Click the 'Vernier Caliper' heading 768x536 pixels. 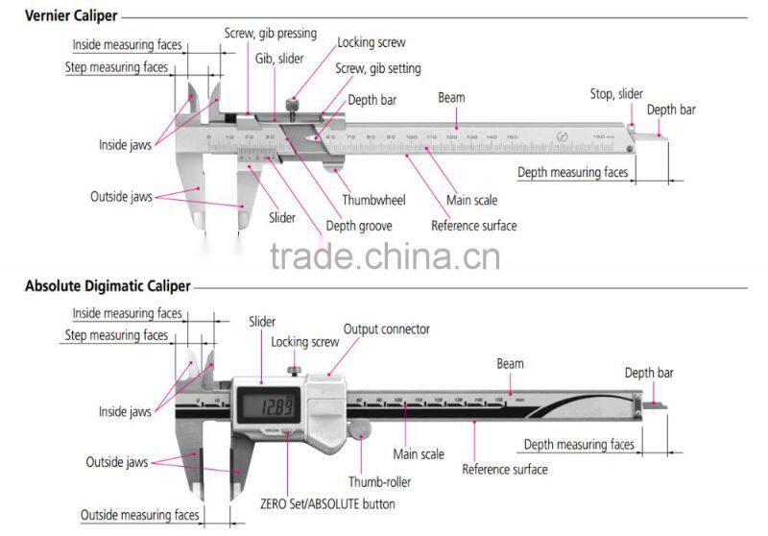pyautogui.click(x=72, y=16)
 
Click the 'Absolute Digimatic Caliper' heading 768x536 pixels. pyautogui.click(x=107, y=286)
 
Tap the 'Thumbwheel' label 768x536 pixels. pyautogui.click(x=373, y=200)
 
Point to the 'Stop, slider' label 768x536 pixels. pyautogui.click(x=616, y=94)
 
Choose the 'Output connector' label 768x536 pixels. pyautogui.click(x=386, y=329)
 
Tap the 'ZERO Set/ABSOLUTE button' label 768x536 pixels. pyautogui.click(x=326, y=503)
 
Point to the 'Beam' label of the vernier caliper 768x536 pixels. pyautogui.click(x=452, y=98)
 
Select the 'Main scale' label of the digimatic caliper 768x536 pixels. pyautogui.click(x=419, y=453)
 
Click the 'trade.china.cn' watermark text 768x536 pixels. pyautogui.click(x=384, y=257)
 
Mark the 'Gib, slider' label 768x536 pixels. pyautogui.click(x=278, y=59)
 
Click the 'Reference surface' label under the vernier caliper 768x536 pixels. pyautogui.click(x=473, y=226)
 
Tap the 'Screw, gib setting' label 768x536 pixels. pyautogui.click(x=377, y=68)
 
